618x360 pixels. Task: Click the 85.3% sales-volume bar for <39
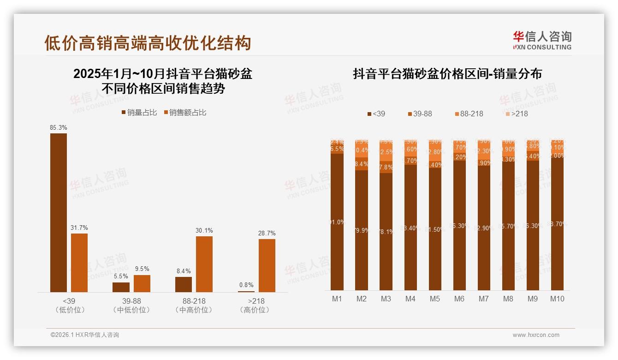coord(59,212)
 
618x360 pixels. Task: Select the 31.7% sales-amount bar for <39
coord(79,263)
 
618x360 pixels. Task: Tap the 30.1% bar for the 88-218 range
coord(204,264)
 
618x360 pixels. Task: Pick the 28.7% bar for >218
coord(267,265)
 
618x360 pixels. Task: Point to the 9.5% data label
coord(142,269)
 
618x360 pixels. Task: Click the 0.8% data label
coord(246,285)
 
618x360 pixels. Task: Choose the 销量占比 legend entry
coord(139,113)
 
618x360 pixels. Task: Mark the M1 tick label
coord(337,299)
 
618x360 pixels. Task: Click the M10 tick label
coord(557,299)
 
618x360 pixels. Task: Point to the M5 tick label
coord(435,299)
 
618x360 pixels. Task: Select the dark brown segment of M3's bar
coord(386,231)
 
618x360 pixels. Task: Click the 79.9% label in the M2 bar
coord(362,230)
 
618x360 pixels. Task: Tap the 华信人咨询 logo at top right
coord(542,40)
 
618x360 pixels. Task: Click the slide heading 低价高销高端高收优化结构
coord(148,43)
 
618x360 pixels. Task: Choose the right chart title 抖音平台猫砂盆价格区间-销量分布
coord(447,74)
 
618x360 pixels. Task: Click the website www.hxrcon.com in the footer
coord(536,335)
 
